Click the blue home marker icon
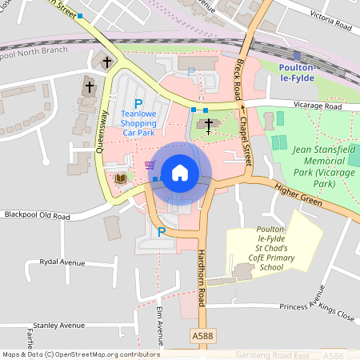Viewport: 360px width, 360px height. pos(180,173)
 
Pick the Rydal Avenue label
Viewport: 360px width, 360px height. pos(55,262)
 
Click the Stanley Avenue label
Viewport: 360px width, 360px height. pos(54,326)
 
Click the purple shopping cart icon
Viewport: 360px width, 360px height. pos(150,165)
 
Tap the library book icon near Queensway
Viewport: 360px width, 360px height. pos(121,178)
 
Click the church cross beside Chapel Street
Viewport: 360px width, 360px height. pos(209,125)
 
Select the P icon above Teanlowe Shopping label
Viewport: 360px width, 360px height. pos(138,103)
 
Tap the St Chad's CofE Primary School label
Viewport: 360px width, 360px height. pos(256,250)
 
